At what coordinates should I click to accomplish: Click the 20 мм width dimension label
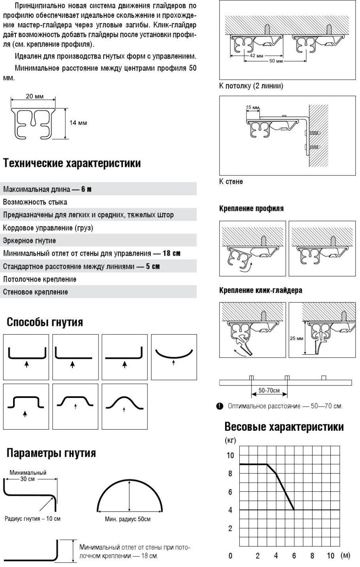34,97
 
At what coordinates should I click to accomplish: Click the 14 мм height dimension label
78,123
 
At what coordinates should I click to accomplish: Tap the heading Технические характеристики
72,163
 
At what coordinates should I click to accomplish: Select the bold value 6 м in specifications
87,189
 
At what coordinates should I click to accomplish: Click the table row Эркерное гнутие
29,241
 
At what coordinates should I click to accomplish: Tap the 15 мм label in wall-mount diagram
252,108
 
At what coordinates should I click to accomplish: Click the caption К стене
231,181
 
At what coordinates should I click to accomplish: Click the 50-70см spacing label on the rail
269,391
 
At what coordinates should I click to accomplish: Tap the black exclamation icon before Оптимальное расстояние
219,406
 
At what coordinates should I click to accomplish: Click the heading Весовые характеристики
284,427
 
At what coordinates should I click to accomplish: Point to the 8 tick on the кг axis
230,474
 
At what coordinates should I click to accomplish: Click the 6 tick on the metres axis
294,556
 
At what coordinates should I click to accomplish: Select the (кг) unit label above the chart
230,441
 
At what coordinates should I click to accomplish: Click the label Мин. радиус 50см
128,519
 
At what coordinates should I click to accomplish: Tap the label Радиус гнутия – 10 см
32,518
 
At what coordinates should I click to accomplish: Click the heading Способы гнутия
45,322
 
